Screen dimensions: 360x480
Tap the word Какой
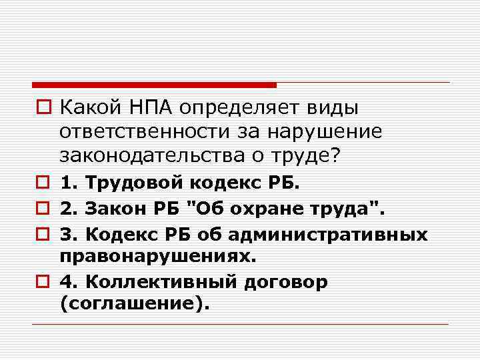pyautogui.click(x=90, y=107)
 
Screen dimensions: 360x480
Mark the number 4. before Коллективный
pyautogui.click(x=67, y=282)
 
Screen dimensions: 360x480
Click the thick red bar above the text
pyautogui.click(x=154, y=85)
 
